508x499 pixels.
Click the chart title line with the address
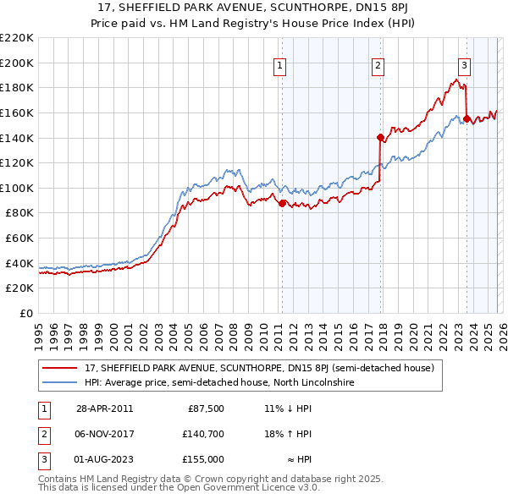point(254,8)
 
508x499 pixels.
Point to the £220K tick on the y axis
point(17,37)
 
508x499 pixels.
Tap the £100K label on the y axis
point(17,188)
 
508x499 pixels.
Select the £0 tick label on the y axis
point(27,313)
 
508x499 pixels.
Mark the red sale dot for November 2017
point(380,137)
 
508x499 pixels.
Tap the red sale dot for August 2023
point(467,119)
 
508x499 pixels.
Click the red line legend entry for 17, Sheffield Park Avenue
point(259,368)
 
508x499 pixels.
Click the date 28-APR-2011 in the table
point(104,408)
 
